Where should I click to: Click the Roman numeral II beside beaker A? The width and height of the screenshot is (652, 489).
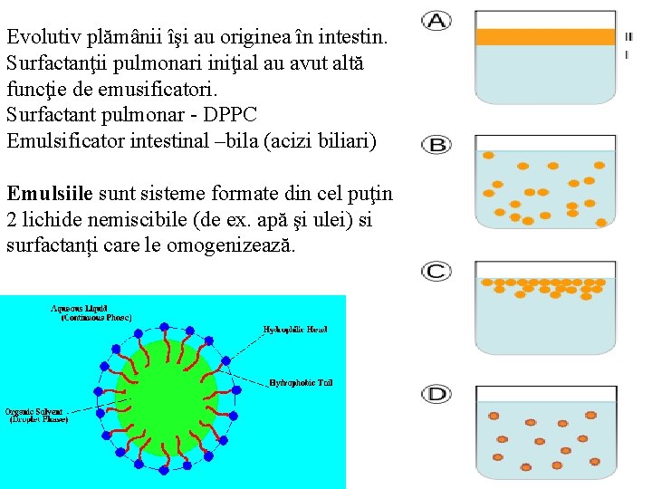[628, 37]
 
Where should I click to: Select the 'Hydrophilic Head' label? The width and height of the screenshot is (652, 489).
[295, 330]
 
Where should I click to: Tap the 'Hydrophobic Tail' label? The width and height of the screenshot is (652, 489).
[301, 383]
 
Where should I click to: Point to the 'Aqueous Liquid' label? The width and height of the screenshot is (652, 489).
[91, 309]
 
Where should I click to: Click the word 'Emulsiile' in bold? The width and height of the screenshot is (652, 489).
[49, 193]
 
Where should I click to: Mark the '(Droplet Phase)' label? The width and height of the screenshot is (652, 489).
[38, 419]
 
